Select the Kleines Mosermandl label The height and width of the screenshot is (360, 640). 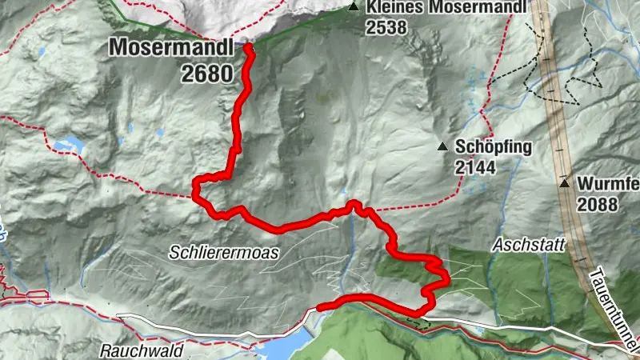coord(446,9)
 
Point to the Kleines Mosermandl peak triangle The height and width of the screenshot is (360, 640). coord(353,8)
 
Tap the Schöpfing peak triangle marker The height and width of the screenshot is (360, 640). coord(442,146)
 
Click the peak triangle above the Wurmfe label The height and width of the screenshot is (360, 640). coord(565,182)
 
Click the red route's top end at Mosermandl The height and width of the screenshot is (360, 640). coord(247,47)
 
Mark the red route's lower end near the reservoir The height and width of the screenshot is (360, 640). coord(320,306)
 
